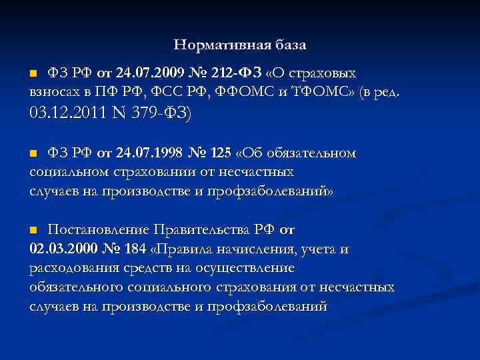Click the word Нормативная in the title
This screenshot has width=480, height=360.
click(x=216, y=45)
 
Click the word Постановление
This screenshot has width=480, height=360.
click(x=99, y=230)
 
